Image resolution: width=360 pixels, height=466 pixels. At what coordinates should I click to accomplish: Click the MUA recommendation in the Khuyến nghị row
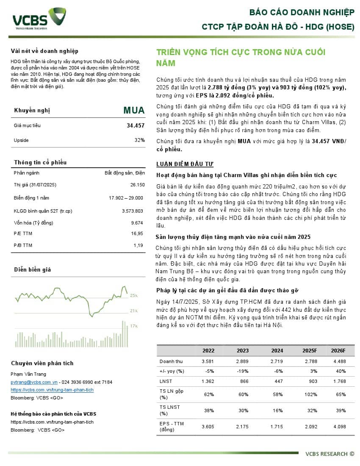tap(134, 111)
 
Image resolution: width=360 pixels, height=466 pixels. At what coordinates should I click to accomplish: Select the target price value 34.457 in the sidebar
tap(136, 125)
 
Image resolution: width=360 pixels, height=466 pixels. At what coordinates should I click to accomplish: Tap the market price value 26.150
tap(137, 185)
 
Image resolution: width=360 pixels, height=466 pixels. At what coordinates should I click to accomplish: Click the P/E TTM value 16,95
tap(138, 233)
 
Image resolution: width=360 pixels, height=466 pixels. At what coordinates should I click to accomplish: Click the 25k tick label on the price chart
tap(134, 296)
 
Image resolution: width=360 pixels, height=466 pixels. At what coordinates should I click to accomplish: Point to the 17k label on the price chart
tap(134, 326)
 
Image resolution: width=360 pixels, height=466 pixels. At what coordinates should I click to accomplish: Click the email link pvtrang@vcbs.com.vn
tap(34, 382)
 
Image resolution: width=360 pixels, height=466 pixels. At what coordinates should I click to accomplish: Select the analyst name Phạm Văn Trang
tap(28, 374)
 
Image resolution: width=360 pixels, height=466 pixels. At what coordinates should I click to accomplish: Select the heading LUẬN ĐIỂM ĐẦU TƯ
tap(185, 164)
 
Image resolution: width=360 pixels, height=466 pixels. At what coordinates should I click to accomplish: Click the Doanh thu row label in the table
tap(171, 361)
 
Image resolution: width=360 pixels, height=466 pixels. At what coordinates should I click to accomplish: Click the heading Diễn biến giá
tap(33, 269)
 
